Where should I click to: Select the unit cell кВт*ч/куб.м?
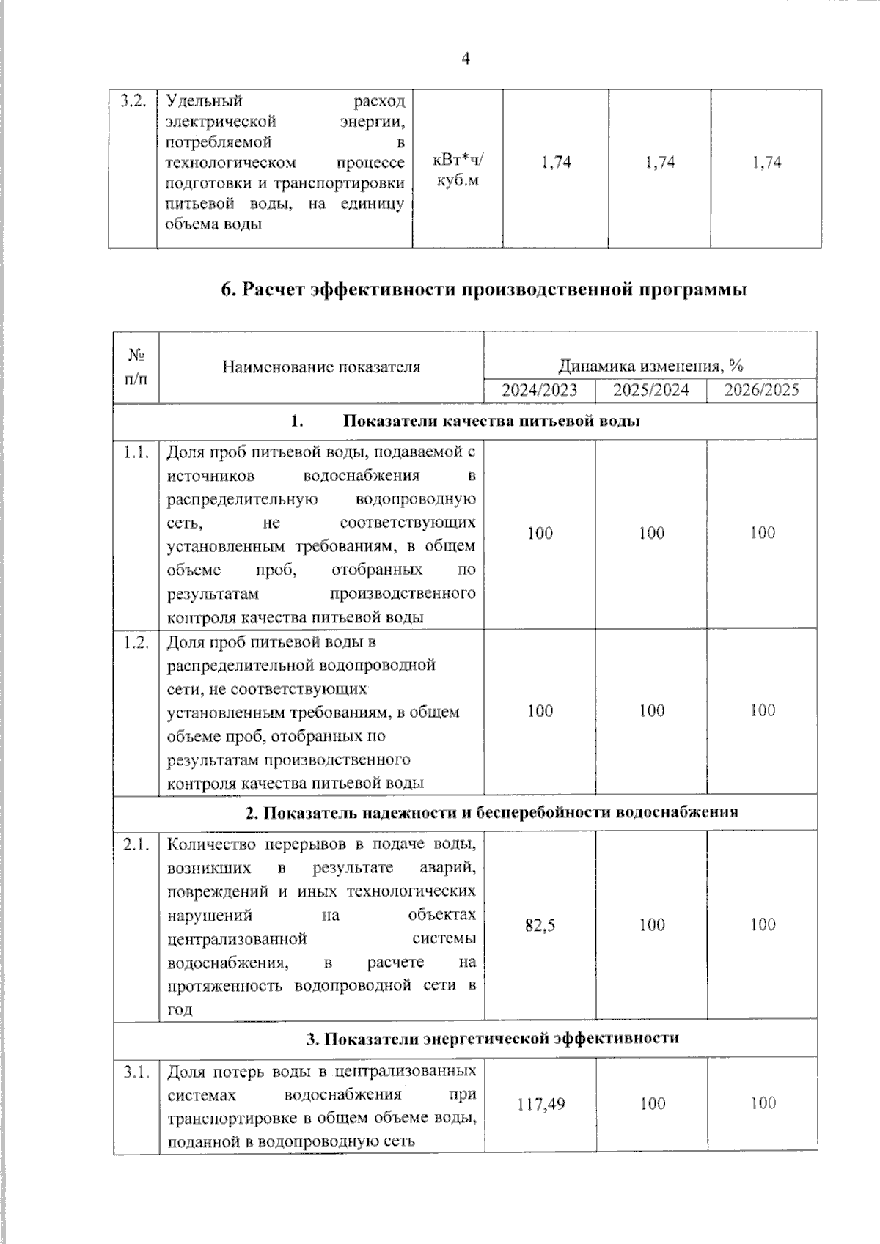458,169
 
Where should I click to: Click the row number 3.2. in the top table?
133,100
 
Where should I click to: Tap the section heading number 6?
227,290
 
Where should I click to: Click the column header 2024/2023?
539,390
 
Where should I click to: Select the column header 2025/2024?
651,390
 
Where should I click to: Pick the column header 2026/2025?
762,390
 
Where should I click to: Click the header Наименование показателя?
321,367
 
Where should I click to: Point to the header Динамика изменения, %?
650,366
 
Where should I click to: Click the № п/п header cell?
136,367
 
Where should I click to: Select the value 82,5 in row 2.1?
540,925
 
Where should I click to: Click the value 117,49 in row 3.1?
540,1103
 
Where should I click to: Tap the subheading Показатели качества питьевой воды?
491,422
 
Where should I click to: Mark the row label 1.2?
136,642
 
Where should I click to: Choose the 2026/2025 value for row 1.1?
762,533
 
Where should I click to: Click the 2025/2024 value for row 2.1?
651,925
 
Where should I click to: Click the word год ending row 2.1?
180,1009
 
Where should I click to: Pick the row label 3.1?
136,1073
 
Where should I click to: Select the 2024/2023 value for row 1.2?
540,710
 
